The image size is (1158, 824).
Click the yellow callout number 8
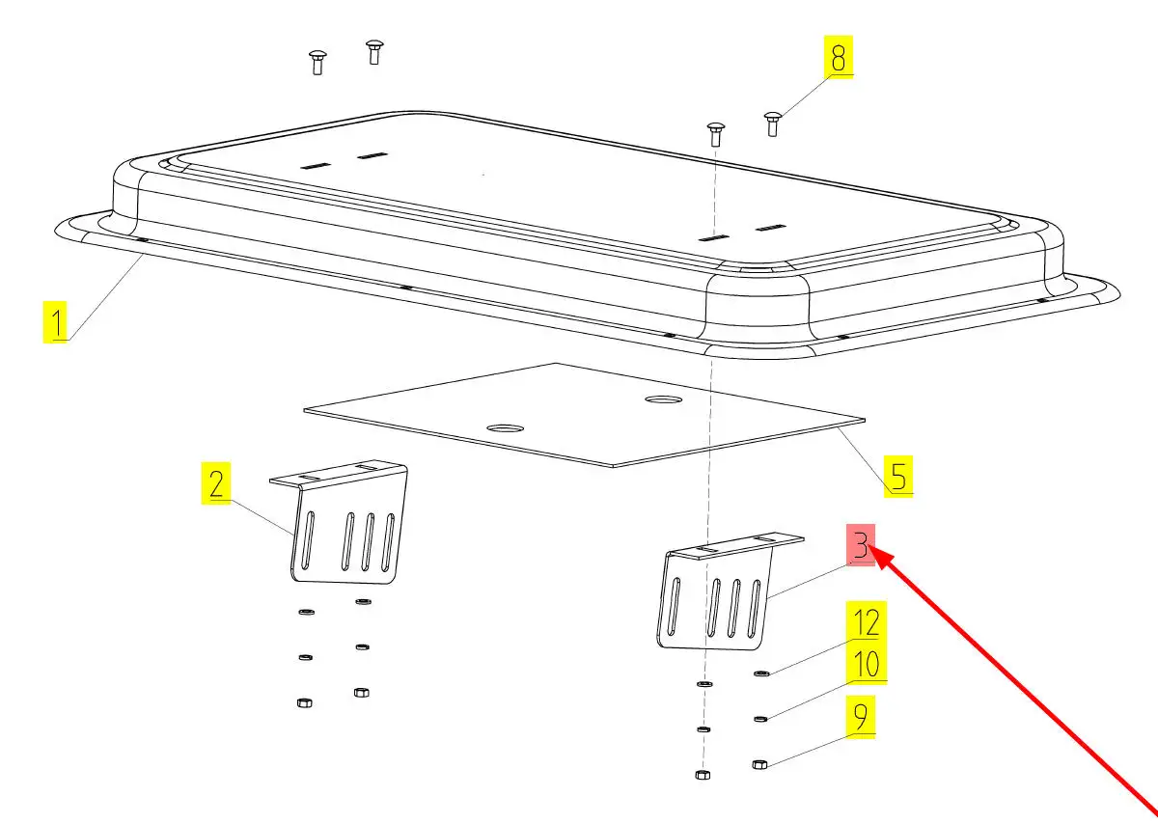[x=838, y=57]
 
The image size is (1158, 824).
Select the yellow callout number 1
[x=55, y=322]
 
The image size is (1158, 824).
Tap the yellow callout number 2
[x=216, y=483]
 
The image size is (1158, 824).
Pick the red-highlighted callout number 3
[x=861, y=545]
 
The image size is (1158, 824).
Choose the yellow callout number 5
[x=898, y=476]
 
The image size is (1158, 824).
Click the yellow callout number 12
[x=867, y=622]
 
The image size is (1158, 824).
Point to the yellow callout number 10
[x=867, y=664]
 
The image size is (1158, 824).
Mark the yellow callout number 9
[x=861, y=717]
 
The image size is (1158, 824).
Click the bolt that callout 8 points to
[x=772, y=124]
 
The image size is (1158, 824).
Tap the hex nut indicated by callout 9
[x=759, y=764]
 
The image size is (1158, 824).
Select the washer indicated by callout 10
[x=760, y=719]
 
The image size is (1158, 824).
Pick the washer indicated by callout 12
[x=761, y=673]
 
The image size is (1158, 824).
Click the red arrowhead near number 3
[x=880, y=559]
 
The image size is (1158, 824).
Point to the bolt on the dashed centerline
[x=715, y=134]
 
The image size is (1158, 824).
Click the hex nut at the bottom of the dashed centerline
[x=703, y=775]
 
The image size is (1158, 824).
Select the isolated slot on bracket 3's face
[x=675, y=606]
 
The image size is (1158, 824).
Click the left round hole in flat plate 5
[x=505, y=428]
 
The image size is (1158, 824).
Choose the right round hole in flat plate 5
[x=664, y=399]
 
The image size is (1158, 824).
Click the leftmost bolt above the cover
[x=317, y=63]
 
